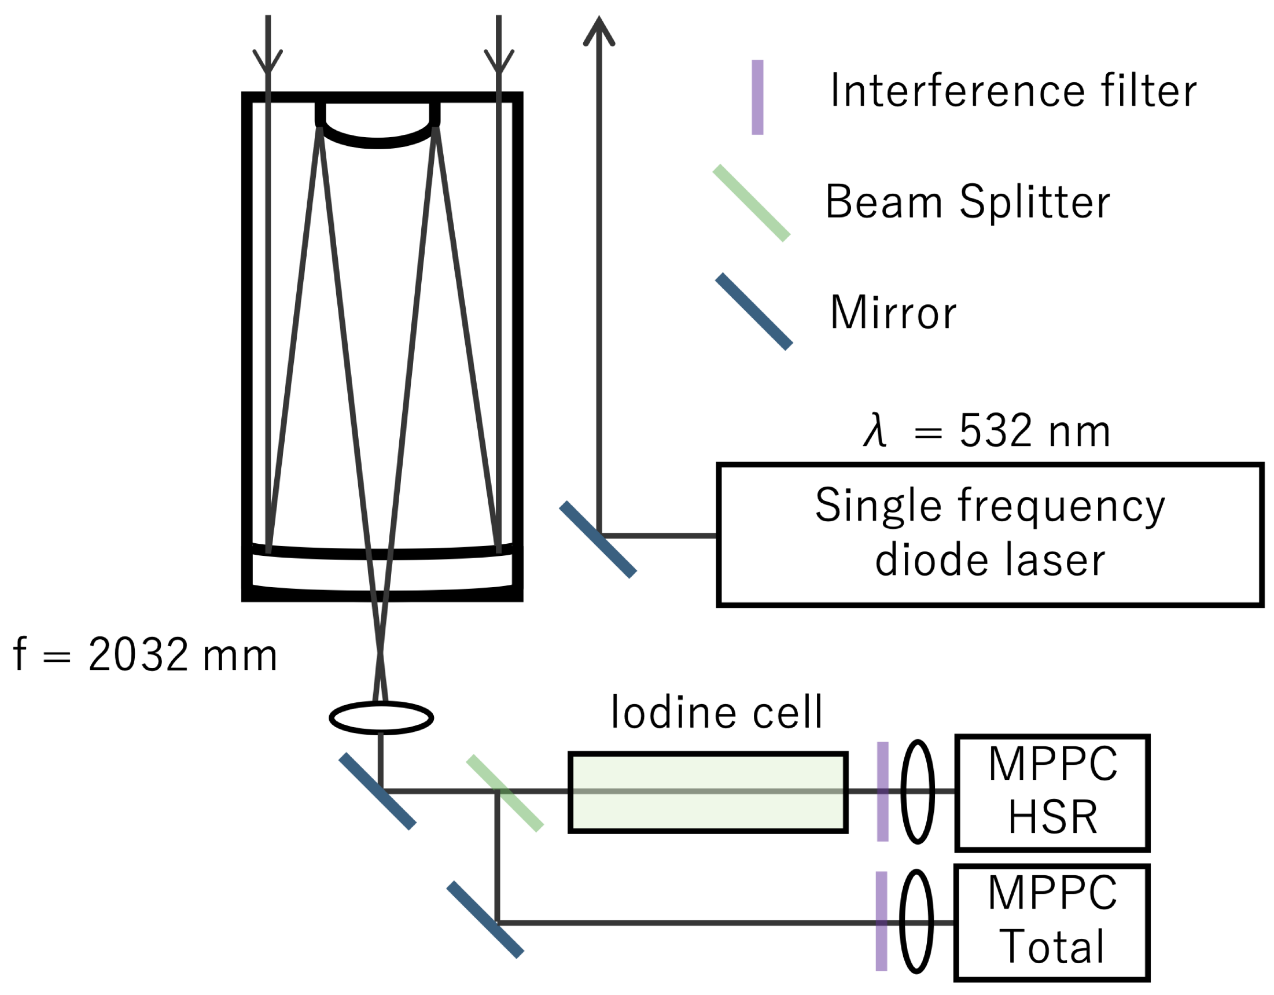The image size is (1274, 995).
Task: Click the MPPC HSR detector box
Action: pyautogui.click(x=1052, y=791)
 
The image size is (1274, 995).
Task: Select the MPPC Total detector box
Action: pyautogui.click(x=1052, y=922)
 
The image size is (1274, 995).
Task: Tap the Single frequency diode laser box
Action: pyautogui.click(x=989, y=535)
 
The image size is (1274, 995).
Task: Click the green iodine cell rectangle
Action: pyautogui.click(x=708, y=792)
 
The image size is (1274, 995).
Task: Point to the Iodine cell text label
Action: pyautogui.click(x=716, y=713)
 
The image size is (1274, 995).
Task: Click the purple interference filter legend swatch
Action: pyautogui.click(x=757, y=97)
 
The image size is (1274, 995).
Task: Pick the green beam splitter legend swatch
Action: pyautogui.click(x=752, y=203)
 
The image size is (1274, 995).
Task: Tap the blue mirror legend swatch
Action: pyautogui.click(x=754, y=311)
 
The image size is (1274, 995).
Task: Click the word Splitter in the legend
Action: pyautogui.click(x=1034, y=202)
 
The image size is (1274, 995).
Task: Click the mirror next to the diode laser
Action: pyautogui.click(x=598, y=540)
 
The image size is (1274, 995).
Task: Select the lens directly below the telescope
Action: pyautogui.click(x=381, y=718)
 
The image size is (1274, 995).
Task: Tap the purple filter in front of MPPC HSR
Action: pyautogui.click(x=882, y=791)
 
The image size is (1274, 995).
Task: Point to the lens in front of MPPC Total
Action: pyautogui.click(x=916, y=922)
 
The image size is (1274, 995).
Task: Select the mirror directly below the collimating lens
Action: pyautogui.click(x=377, y=791)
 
